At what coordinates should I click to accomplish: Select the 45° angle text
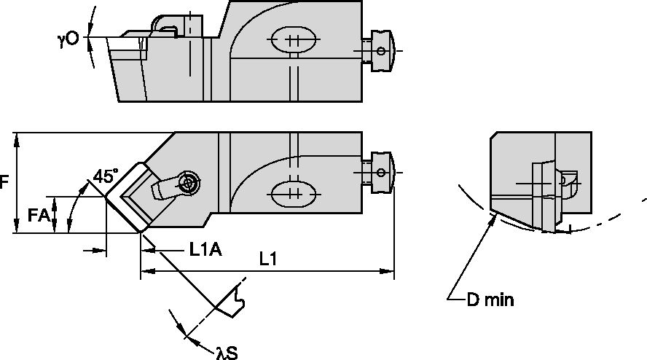point(105,176)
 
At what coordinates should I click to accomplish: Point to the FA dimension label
point(39,215)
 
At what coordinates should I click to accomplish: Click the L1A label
point(205,250)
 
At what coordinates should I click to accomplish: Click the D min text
point(490,300)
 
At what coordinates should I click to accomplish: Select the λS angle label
point(226,353)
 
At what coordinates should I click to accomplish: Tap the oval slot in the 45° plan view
point(294,194)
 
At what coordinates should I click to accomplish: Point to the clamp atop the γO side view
point(166,25)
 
